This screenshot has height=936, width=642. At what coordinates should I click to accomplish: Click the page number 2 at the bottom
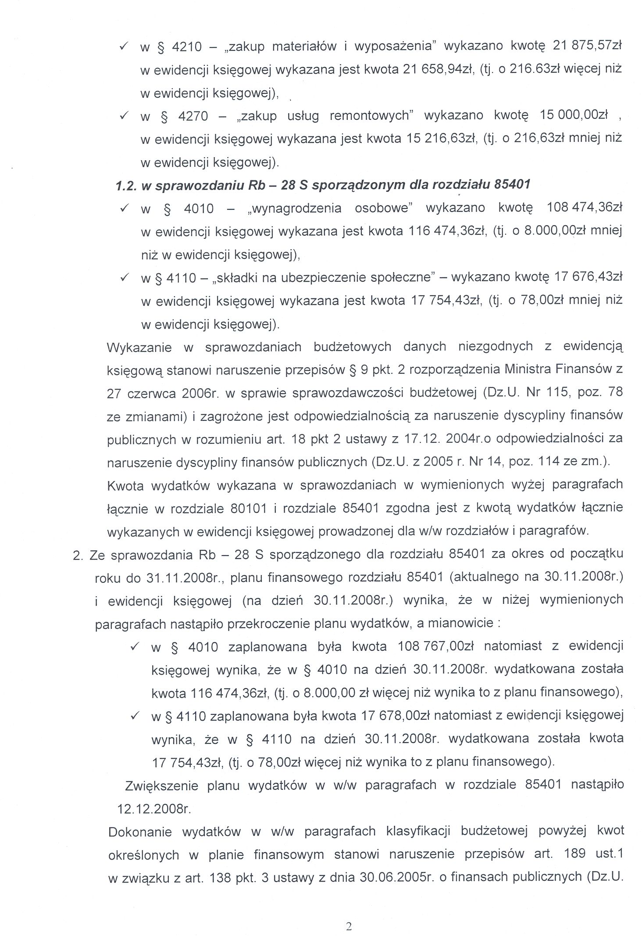349,914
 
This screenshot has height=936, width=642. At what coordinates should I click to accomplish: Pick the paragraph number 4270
193,116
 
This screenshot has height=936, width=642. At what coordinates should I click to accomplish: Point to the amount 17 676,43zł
588,277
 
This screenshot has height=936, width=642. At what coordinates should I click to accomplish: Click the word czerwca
152,393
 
